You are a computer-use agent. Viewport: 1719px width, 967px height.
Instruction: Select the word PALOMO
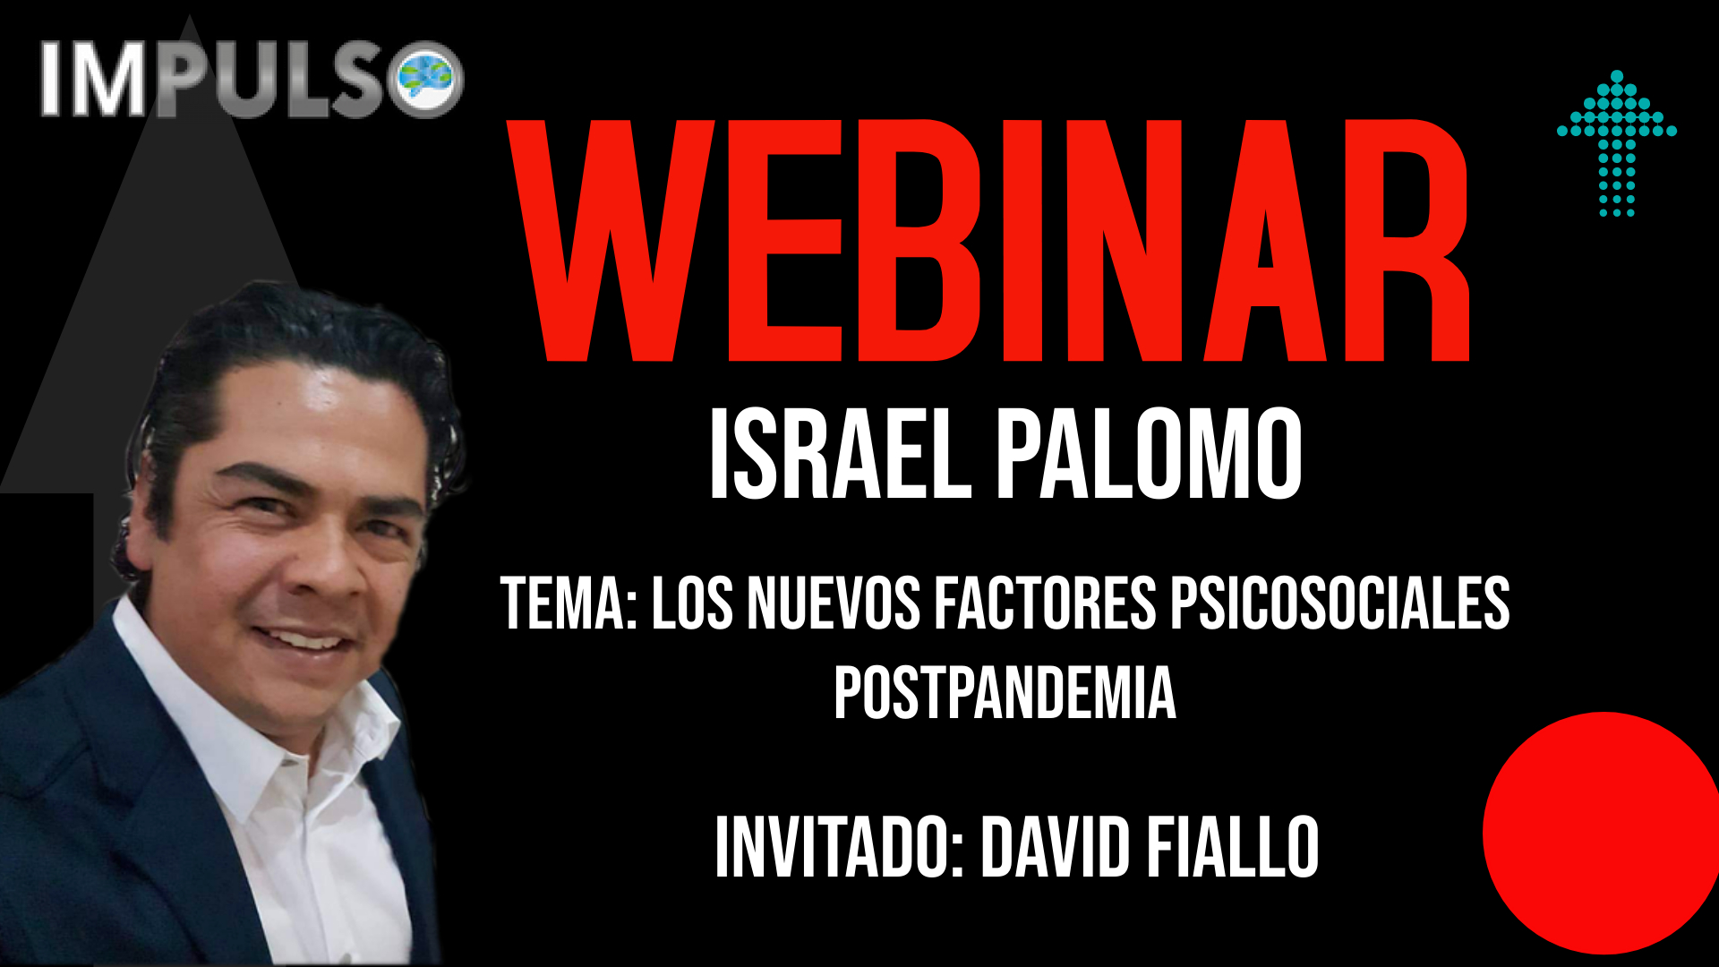(x=1150, y=454)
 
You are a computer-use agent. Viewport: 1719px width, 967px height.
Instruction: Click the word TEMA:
(x=569, y=603)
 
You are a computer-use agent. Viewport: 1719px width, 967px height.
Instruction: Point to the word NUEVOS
(x=834, y=603)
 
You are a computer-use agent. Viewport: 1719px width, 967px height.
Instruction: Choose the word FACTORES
(x=1045, y=603)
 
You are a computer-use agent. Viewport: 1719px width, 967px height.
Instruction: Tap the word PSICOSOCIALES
(x=1340, y=603)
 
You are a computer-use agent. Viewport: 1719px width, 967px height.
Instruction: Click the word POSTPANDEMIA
(x=1005, y=693)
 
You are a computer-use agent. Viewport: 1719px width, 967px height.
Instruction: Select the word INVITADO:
(x=840, y=847)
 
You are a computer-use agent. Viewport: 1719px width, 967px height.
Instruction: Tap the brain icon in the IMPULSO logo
(x=429, y=79)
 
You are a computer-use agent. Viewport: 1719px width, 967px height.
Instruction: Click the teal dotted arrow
(x=1617, y=143)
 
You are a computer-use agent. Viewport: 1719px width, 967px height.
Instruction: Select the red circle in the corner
(x=1601, y=833)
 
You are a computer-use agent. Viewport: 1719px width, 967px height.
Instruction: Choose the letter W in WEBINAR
(x=611, y=240)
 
